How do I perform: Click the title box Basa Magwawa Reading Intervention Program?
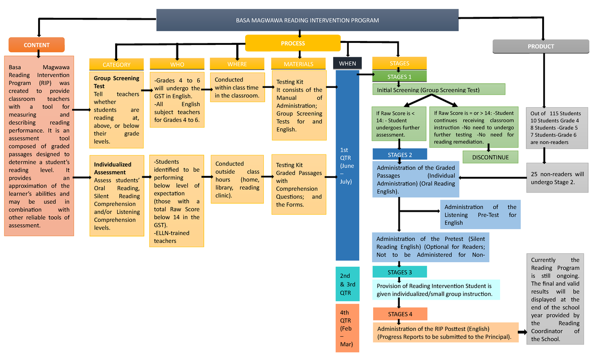[307, 20]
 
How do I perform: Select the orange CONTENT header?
[37, 45]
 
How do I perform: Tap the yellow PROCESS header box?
[293, 43]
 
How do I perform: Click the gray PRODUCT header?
[541, 46]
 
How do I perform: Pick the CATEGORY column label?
[116, 64]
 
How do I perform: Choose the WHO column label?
[177, 64]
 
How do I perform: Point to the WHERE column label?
[237, 64]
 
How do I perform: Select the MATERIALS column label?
[298, 64]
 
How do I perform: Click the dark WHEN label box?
[347, 63]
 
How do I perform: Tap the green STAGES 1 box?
[399, 77]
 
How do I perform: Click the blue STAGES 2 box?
[400, 155]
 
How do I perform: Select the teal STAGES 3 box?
[400, 272]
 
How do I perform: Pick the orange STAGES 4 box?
[400, 314]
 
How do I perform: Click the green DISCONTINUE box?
[490, 157]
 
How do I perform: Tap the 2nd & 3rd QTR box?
[347, 284]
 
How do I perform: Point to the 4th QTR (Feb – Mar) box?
[347, 328]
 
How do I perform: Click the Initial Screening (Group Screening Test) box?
[439, 90]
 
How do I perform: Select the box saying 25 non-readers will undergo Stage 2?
[557, 178]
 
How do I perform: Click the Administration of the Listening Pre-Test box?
[480, 215]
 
